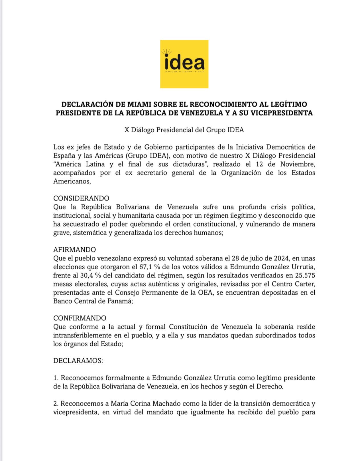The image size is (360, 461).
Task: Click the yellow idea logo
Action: (184, 64)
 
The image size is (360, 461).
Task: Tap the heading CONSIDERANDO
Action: (81, 198)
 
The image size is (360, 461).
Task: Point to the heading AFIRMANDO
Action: (74, 250)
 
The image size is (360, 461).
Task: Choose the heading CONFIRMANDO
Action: (80, 318)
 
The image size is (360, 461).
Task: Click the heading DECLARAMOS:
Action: (78, 361)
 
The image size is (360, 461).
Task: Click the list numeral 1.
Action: (55, 378)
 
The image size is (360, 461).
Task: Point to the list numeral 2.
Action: (56, 404)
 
